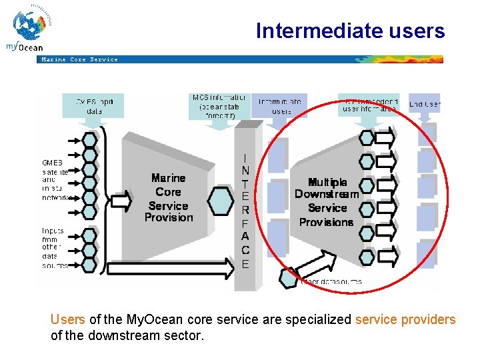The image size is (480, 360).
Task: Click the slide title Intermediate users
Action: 349,31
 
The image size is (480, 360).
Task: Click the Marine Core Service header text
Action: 79,59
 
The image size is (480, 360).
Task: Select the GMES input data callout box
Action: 94,105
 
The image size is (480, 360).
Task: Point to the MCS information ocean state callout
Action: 219,106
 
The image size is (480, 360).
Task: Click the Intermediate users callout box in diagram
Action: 279,105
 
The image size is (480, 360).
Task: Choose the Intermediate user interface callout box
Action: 368,104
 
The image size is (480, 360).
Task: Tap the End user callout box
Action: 424,103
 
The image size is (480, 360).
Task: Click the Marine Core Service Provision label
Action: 168,198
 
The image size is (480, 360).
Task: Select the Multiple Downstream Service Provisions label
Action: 326,201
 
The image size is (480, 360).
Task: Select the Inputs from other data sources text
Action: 53,247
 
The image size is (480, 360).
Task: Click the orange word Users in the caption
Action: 67,319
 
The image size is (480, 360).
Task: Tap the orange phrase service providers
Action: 405,319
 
